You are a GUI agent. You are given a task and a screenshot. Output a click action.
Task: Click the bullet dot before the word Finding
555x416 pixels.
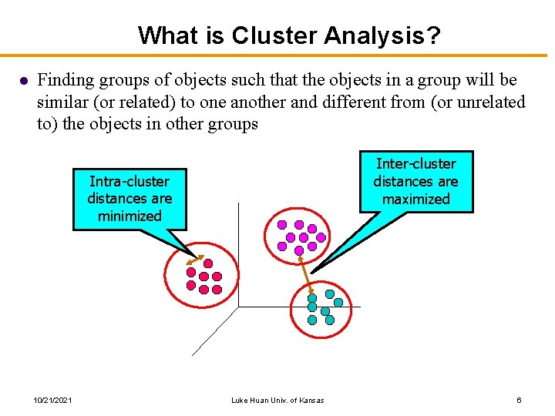(x=24, y=81)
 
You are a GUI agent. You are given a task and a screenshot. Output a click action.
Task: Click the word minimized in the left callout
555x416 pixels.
(x=129, y=216)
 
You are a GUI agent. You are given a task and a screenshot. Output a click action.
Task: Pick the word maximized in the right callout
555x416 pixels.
(x=415, y=199)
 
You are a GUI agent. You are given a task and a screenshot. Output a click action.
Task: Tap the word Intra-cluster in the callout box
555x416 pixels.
(x=129, y=182)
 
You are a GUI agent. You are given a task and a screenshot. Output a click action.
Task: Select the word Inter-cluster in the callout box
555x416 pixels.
(x=415, y=163)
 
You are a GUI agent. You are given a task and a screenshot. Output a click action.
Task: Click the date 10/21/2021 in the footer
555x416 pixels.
(x=53, y=400)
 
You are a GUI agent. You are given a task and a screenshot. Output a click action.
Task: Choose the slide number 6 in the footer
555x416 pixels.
(x=520, y=400)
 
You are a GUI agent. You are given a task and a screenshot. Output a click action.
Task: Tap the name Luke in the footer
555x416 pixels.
(x=239, y=400)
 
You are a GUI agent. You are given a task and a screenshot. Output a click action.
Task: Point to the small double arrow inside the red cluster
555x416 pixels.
(x=194, y=262)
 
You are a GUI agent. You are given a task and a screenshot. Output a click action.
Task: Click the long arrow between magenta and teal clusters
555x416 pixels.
(x=305, y=270)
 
